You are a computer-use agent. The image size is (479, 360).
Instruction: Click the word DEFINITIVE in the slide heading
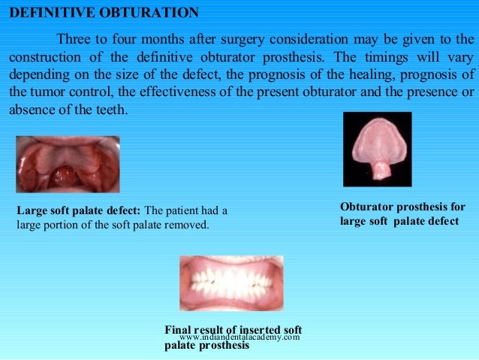tap(48, 14)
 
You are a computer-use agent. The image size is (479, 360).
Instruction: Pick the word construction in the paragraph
tap(45, 58)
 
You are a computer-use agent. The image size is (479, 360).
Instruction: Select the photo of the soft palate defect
tap(68, 164)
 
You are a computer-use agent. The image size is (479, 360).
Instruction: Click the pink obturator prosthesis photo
tap(377, 148)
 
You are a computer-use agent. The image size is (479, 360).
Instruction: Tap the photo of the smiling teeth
tap(231, 283)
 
